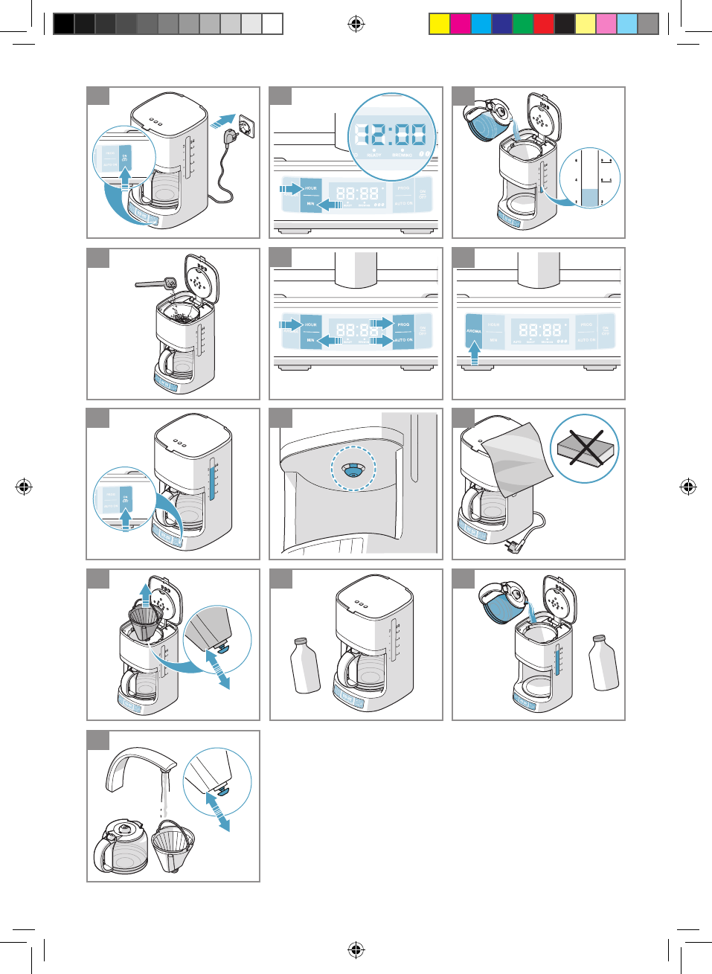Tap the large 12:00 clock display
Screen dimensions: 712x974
(391, 135)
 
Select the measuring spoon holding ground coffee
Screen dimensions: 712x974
(156, 283)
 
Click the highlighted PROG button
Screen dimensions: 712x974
(403, 325)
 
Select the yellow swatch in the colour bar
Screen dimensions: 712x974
(439, 24)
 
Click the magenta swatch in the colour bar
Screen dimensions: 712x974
(460, 24)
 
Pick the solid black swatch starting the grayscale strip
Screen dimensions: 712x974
(64, 24)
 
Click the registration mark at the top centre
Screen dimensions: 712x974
(356, 25)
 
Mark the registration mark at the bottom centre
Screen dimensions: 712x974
(356, 949)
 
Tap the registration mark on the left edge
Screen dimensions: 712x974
(23, 487)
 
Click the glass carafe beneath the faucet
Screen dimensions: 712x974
(121, 846)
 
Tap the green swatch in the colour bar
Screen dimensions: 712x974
(522, 24)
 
